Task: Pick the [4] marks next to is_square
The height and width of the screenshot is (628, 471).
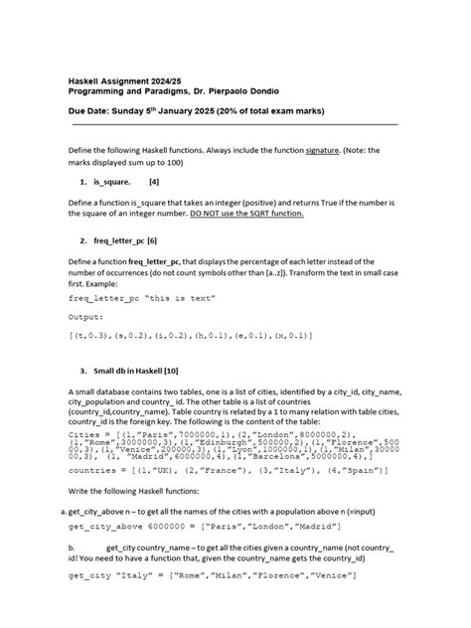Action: tap(154, 183)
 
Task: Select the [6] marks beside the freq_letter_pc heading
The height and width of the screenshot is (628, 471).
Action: tap(152, 240)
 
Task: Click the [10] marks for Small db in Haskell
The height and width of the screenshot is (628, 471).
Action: tap(170, 370)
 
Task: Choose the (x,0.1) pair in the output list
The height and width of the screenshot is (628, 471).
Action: tap(292, 336)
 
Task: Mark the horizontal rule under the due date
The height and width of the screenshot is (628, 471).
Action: tap(235, 125)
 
